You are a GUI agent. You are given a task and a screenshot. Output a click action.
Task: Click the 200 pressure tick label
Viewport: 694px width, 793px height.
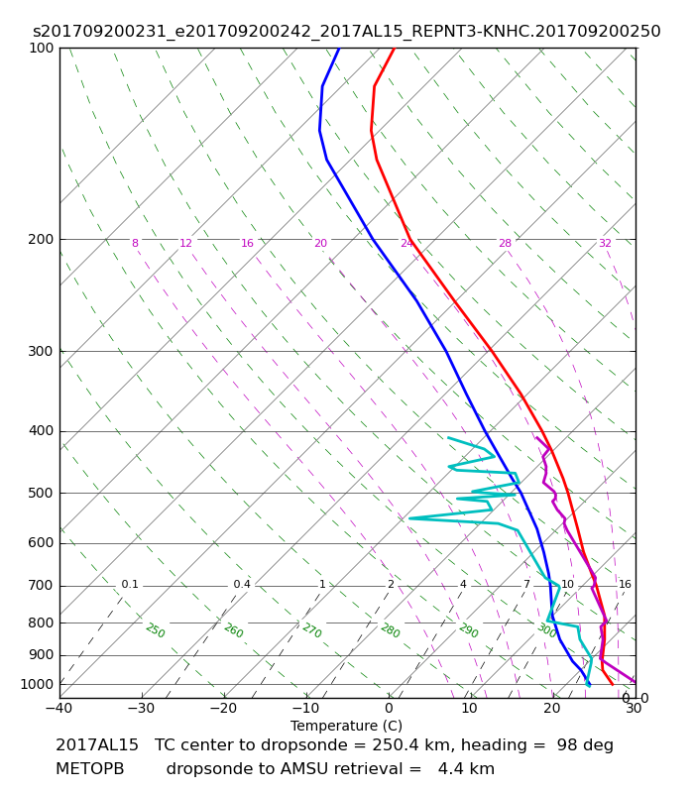point(41,239)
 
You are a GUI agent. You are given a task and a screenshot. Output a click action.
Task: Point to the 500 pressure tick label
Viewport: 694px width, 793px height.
point(41,493)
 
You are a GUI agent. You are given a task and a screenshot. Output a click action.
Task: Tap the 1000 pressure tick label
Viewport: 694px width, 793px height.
point(37,685)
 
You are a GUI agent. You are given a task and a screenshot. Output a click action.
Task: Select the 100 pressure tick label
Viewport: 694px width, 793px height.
point(41,48)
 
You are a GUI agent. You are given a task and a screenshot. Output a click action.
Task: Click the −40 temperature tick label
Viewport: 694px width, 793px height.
point(59,708)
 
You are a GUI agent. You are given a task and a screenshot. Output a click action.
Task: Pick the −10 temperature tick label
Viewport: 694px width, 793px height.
point(306,708)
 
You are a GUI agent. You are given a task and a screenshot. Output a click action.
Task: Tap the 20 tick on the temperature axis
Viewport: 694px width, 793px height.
point(552,708)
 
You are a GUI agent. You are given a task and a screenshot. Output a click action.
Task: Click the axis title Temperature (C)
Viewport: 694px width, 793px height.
point(346,727)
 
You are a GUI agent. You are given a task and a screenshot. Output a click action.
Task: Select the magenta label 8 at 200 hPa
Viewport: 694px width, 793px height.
point(135,243)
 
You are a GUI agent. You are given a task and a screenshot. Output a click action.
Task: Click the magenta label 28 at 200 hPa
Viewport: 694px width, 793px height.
point(506,243)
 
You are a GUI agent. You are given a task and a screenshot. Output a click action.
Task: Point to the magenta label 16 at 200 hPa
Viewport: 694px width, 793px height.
point(247,243)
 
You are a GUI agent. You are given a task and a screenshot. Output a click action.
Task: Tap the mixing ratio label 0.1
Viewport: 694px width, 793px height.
point(130,585)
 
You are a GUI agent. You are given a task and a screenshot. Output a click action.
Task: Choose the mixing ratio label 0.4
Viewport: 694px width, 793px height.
point(242,585)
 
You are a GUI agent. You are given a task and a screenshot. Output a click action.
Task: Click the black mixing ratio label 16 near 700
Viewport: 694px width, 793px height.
point(625,585)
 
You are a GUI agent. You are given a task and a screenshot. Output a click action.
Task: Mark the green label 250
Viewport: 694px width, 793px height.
point(156,630)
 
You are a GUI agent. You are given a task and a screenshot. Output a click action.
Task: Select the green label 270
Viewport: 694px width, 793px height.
point(312,630)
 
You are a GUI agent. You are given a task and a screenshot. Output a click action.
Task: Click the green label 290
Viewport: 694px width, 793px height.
point(468,630)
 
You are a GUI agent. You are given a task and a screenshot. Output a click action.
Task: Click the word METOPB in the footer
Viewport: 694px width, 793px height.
point(90,769)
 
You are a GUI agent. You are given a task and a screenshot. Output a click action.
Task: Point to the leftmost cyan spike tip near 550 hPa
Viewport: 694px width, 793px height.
point(409,518)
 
